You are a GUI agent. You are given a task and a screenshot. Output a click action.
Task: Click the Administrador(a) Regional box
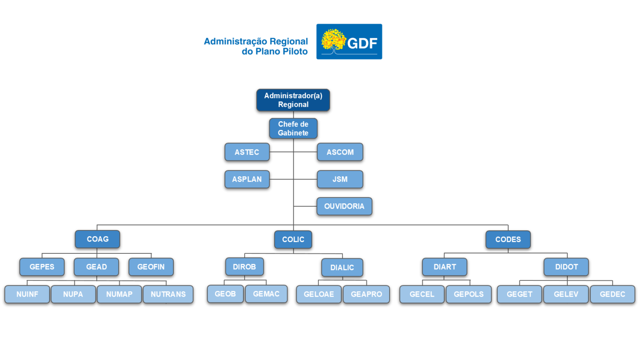(x=293, y=100)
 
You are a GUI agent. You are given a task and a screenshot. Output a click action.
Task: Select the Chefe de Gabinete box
(x=293, y=129)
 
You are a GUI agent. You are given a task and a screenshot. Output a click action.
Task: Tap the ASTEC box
(x=247, y=152)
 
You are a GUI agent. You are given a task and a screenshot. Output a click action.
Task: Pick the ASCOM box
(x=340, y=152)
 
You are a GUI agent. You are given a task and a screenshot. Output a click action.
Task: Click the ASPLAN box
(x=247, y=179)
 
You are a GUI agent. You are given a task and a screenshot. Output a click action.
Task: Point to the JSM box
(x=340, y=179)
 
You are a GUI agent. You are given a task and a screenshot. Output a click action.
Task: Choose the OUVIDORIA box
(x=344, y=206)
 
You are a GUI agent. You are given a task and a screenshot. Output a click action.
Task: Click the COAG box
(x=97, y=239)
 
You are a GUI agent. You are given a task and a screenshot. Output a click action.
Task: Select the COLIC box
(x=293, y=240)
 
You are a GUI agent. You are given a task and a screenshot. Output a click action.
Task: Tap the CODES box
(x=508, y=240)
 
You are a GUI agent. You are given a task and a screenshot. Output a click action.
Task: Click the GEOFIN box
(x=151, y=267)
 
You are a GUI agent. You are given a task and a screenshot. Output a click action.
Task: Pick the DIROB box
(x=244, y=267)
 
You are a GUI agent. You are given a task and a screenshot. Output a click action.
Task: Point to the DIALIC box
(x=342, y=267)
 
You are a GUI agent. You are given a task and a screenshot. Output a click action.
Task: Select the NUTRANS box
(x=168, y=294)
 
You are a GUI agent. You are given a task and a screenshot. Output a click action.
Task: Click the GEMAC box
(x=266, y=294)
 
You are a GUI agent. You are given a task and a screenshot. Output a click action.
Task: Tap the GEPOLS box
(x=469, y=294)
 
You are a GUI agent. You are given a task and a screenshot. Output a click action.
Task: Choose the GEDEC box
(x=612, y=294)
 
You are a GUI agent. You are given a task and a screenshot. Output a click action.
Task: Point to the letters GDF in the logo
(x=362, y=43)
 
